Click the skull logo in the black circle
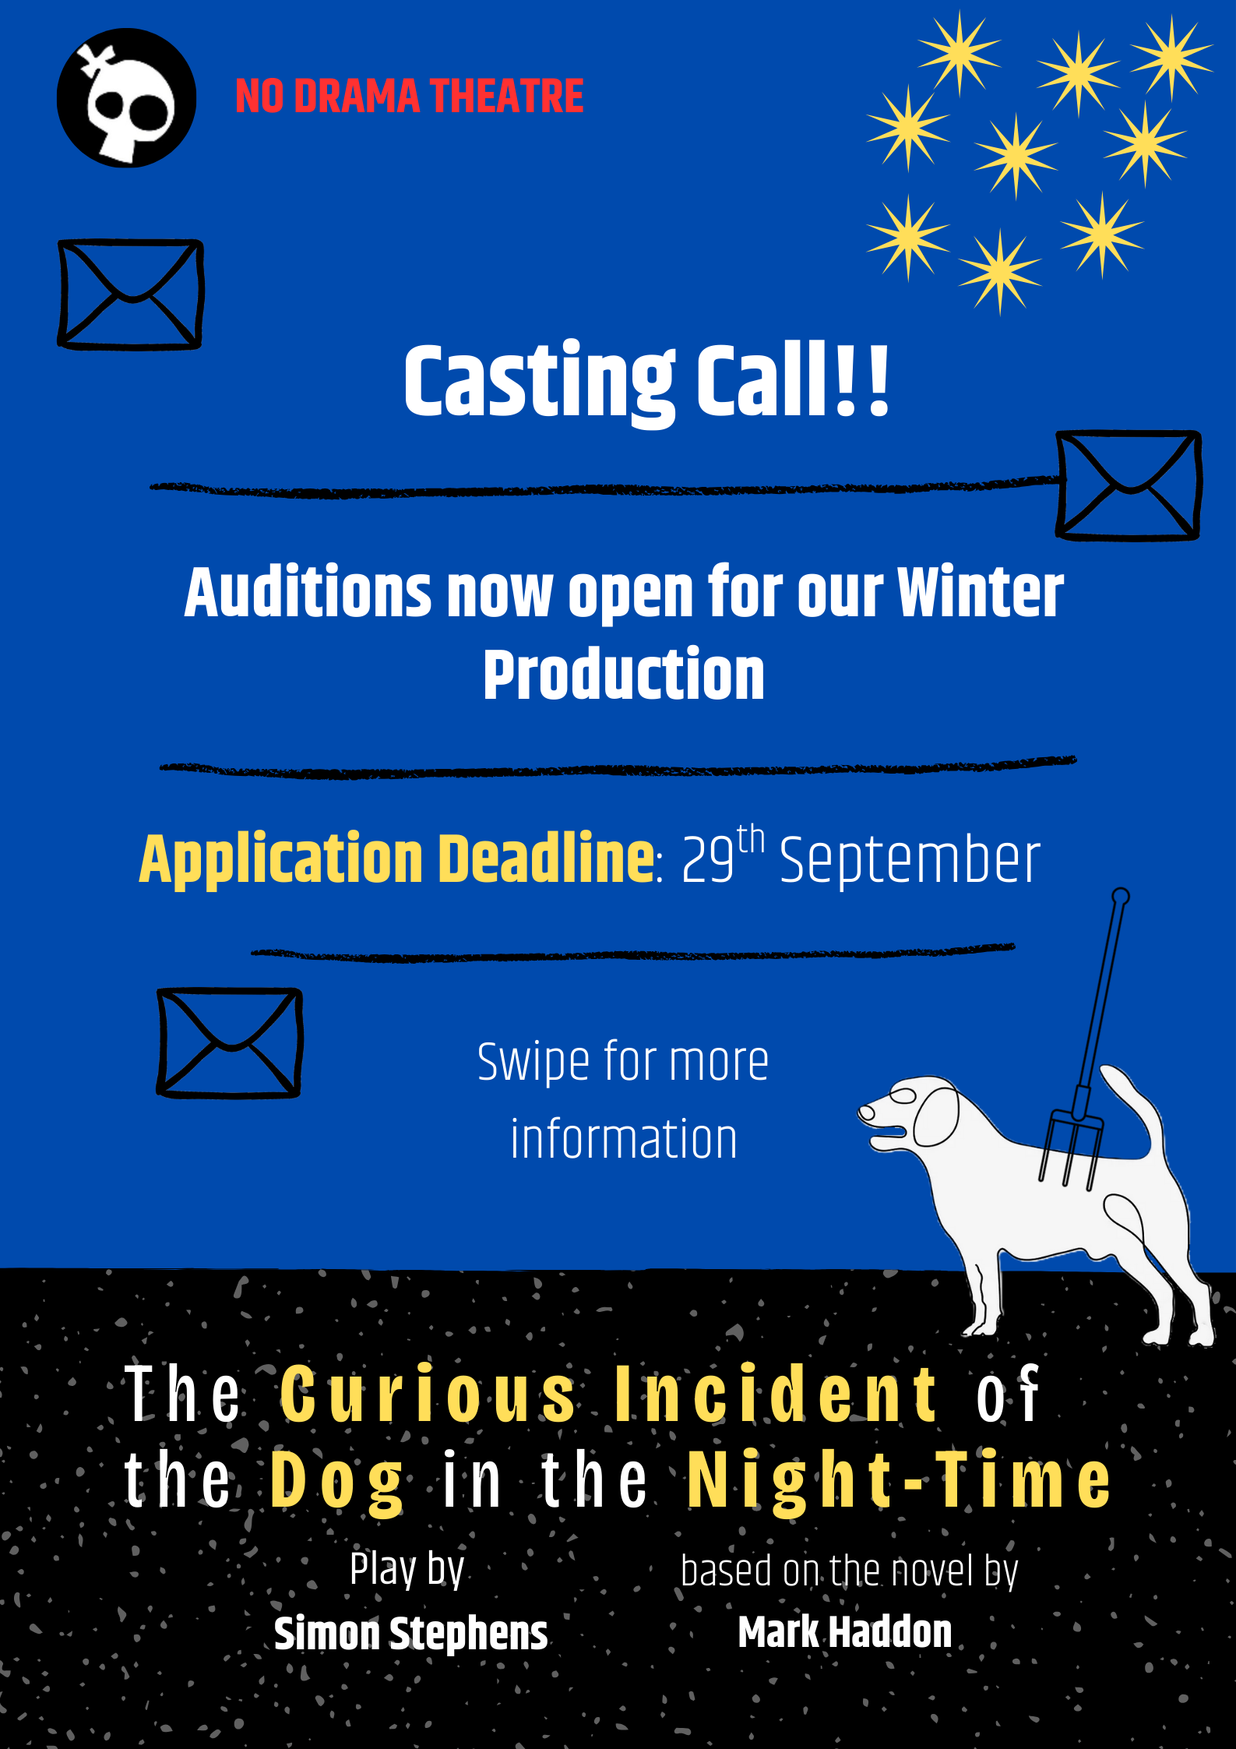click(126, 98)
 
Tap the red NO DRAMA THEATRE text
click(410, 97)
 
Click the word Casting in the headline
click(540, 382)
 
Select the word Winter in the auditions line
click(981, 592)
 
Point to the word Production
click(624, 675)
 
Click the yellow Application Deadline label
click(397, 858)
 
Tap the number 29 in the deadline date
click(708, 860)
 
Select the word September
click(910, 862)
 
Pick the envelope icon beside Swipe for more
click(230, 1042)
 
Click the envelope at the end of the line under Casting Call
click(1129, 485)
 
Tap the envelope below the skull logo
click(131, 294)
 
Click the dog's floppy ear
click(937, 1116)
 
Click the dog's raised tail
click(1134, 1106)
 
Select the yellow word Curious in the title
click(428, 1394)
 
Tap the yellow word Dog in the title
click(337, 1482)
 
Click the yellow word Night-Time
click(900, 1482)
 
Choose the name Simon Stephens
click(411, 1633)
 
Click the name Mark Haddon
click(845, 1631)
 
